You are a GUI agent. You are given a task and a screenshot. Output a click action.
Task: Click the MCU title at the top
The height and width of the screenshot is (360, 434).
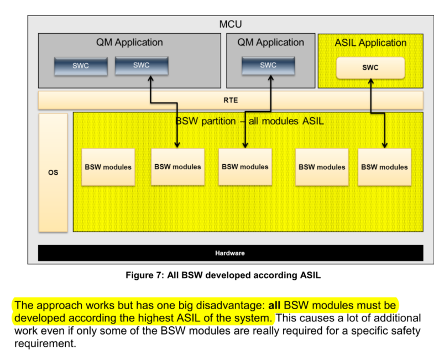click(x=230, y=24)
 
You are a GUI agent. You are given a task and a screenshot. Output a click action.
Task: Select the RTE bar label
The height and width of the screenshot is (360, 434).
click(x=230, y=101)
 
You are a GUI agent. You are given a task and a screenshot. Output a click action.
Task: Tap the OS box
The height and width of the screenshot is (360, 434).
click(x=53, y=173)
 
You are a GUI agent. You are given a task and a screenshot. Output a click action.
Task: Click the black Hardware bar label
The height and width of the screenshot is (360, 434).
click(x=230, y=253)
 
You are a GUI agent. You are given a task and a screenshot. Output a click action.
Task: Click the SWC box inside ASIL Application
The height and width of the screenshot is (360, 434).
click(x=370, y=67)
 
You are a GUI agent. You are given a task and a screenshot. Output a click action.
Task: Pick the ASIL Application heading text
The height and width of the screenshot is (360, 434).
click(x=370, y=43)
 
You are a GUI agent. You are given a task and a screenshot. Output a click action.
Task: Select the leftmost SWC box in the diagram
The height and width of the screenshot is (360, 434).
click(x=81, y=66)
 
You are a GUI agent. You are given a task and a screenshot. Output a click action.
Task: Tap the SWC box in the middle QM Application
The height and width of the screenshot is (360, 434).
click(x=268, y=65)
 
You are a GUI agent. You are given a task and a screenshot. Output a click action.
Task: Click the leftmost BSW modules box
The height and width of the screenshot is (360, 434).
click(x=108, y=166)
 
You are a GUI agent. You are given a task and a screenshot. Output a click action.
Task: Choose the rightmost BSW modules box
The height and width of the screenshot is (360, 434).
click(x=384, y=166)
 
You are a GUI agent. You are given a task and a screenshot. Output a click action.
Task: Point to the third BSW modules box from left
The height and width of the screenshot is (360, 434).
click(x=245, y=166)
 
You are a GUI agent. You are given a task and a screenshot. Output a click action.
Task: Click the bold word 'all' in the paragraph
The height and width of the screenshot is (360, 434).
click(x=275, y=305)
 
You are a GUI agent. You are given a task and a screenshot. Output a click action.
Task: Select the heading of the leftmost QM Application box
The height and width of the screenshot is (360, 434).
click(x=130, y=42)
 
